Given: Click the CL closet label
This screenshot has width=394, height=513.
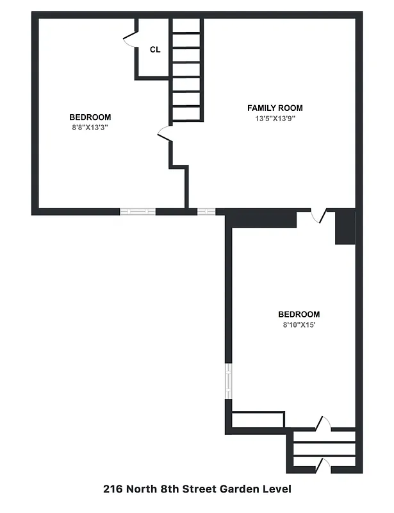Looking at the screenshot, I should (x=155, y=49).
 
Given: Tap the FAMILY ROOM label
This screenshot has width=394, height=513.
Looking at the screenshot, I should (x=275, y=108).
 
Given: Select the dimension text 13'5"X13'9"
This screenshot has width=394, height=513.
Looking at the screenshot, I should (x=275, y=119).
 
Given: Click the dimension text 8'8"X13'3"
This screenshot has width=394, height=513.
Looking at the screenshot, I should (x=90, y=128).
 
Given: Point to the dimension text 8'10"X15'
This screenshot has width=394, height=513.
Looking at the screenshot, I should (x=299, y=325).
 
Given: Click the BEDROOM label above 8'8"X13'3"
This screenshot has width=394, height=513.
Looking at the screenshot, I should (x=90, y=117).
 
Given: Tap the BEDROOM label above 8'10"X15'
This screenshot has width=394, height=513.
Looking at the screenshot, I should (x=299, y=314).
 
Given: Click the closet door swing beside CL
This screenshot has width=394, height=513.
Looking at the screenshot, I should (x=130, y=38).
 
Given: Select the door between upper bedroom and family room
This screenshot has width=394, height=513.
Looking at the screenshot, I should (x=163, y=133).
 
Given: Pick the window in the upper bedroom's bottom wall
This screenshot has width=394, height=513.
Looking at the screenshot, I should (x=138, y=211).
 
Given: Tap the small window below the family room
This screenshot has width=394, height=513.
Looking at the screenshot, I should (x=206, y=211).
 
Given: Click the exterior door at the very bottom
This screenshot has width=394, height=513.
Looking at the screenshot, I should (x=324, y=464).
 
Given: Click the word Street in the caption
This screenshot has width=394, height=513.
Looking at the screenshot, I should (x=200, y=489).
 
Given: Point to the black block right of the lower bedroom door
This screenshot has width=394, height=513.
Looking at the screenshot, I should (x=345, y=227).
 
